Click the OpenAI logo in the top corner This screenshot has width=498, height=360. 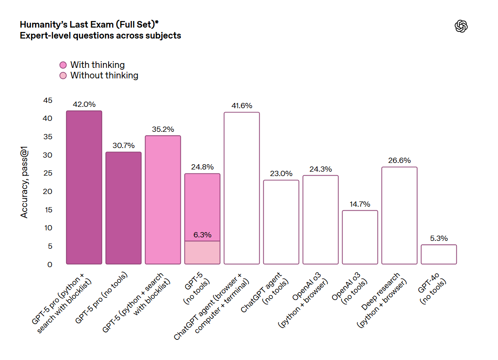[x=461, y=27]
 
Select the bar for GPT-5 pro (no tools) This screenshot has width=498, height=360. [x=124, y=208]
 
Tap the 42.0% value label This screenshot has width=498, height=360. [x=84, y=104]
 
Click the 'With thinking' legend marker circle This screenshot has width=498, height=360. [x=63, y=65]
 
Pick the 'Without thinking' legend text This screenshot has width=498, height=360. [x=104, y=75]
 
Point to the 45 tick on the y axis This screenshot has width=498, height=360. [x=48, y=100]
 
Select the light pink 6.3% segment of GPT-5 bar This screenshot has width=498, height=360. [x=202, y=253]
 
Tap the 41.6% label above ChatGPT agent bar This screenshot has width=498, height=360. [x=242, y=106]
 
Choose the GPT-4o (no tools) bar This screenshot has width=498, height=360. [x=439, y=254]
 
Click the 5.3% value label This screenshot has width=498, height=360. [x=439, y=238]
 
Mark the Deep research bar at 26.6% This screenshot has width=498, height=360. [x=399, y=215]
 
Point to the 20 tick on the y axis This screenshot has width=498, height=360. [x=48, y=191]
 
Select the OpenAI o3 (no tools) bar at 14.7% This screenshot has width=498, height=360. [x=360, y=237]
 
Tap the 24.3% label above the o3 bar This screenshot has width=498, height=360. [x=321, y=169]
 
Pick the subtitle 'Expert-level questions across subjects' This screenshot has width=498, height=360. [x=100, y=35]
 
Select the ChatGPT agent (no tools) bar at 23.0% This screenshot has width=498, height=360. [x=281, y=222]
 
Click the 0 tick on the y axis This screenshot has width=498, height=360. [x=50, y=265]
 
